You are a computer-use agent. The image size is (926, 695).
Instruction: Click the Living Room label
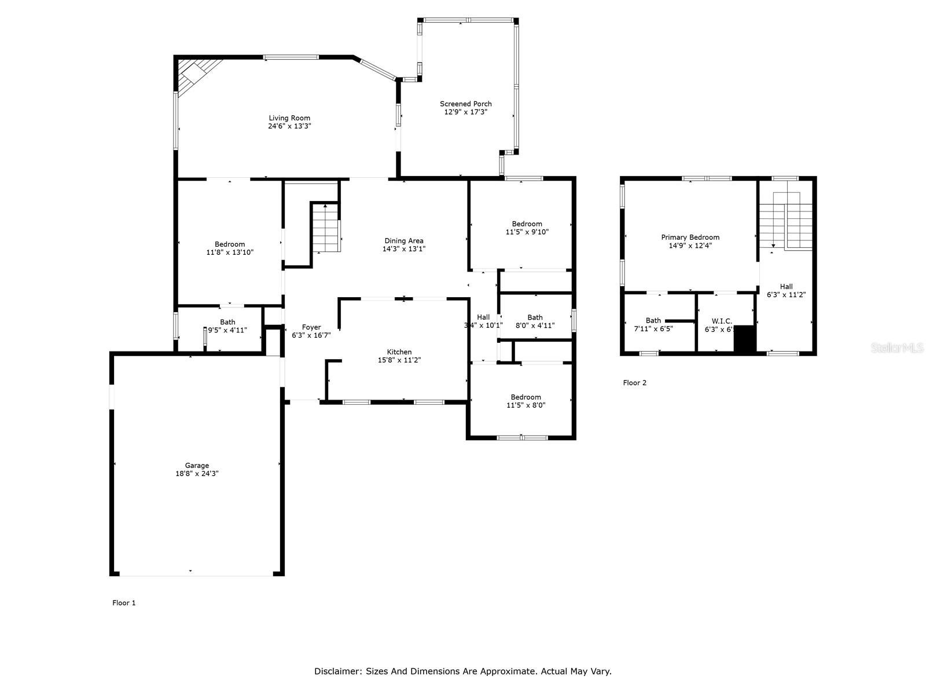point(289,118)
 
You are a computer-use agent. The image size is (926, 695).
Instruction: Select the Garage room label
point(197,466)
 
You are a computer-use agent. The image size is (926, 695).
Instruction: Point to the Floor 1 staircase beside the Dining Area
point(325,229)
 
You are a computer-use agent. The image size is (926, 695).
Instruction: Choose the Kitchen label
point(399,352)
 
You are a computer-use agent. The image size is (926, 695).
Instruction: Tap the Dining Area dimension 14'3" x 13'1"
point(404,249)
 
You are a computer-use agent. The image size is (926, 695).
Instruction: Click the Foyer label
point(311,327)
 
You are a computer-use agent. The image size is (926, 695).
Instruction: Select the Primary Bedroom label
point(690,237)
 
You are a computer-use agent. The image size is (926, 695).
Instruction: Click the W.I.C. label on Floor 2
point(722,321)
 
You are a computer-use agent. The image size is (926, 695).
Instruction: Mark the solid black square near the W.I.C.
point(745,339)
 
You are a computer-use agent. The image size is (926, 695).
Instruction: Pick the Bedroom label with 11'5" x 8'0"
point(526,397)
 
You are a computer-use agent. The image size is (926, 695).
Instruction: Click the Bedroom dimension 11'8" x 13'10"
point(230,253)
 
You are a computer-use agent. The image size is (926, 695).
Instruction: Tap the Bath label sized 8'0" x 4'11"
point(535,317)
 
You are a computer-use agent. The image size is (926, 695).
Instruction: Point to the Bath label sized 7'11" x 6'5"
point(653,321)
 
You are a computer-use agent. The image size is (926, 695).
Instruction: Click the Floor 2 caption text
point(634,383)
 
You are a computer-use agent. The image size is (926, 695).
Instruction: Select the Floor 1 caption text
point(124,603)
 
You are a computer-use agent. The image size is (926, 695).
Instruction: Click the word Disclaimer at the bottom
point(337,672)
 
